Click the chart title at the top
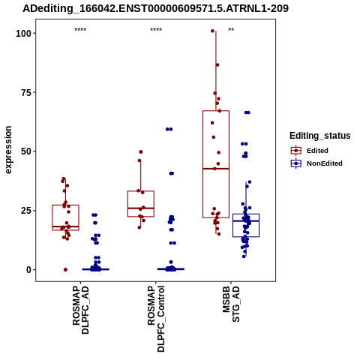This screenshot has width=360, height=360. click(x=155, y=8)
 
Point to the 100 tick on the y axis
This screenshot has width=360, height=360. click(x=24, y=33)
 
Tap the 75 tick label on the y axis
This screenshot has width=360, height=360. click(x=26, y=92)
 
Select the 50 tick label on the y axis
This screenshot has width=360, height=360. click(x=26, y=151)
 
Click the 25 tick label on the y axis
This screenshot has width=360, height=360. click(x=26, y=211)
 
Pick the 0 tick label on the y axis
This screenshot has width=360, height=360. click(x=29, y=270)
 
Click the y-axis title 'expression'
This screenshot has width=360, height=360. click(x=8, y=150)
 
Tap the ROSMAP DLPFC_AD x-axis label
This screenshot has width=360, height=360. click(x=80, y=310)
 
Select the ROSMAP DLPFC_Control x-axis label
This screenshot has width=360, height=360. click(x=156, y=319)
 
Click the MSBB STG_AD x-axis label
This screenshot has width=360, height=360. click(x=231, y=304)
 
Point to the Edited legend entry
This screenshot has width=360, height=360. click(x=309, y=151)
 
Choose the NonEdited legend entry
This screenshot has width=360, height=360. click(x=316, y=163)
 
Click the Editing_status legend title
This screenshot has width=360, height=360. click(x=320, y=136)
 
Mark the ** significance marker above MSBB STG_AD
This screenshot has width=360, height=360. click(x=231, y=30)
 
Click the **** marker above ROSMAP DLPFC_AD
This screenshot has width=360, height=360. click(x=80, y=30)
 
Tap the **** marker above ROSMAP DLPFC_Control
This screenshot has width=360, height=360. click(x=156, y=30)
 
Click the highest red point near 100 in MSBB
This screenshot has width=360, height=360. click(x=212, y=31)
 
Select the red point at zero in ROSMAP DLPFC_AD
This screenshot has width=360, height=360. click(x=65, y=270)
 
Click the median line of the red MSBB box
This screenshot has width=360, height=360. click(x=216, y=169)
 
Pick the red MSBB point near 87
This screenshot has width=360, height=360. click(x=217, y=65)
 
